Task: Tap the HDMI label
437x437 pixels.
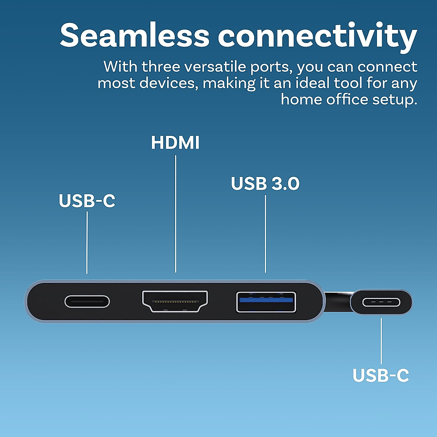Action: click(x=175, y=142)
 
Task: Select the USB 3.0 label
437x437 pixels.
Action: click(x=265, y=184)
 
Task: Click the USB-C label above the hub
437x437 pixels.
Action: click(x=87, y=201)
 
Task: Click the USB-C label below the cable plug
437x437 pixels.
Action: click(x=381, y=375)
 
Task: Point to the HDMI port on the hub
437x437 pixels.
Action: click(x=175, y=302)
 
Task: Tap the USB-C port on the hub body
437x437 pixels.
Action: click(x=87, y=302)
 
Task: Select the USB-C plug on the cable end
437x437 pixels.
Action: click(x=381, y=302)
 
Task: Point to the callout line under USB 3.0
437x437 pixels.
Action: click(x=265, y=233)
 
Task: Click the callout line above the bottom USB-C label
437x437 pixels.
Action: click(x=381, y=341)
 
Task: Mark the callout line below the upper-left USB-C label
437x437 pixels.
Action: click(x=87, y=242)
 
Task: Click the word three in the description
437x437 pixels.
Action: click(x=161, y=67)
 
